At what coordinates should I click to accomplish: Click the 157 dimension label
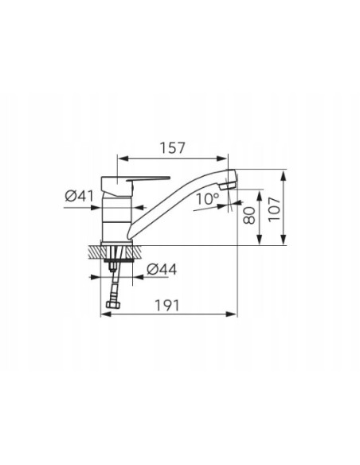172,148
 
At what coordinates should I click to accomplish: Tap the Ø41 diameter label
79,196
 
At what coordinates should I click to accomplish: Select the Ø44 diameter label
162,269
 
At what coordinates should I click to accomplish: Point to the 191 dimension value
167,305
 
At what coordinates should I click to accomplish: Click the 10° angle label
208,199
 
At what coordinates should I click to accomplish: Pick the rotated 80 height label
249,215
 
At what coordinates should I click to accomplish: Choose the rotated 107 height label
274,209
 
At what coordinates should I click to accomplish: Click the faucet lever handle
148,178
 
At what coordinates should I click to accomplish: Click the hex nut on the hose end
114,305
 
